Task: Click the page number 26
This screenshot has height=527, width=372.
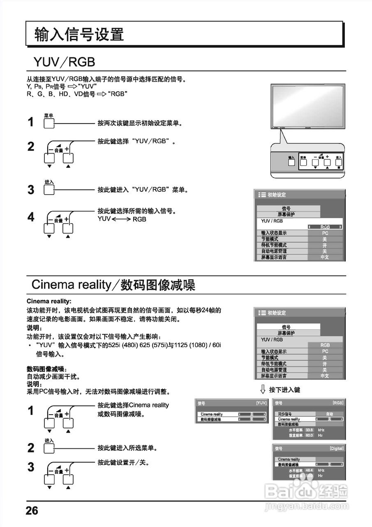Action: coord(32,511)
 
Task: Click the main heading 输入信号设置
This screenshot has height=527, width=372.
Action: coord(79,35)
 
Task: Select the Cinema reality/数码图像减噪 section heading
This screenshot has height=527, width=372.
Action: coord(113,284)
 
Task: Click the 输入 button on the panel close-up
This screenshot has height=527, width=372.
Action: coord(291,161)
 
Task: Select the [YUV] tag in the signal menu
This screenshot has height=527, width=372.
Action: coord(261,403)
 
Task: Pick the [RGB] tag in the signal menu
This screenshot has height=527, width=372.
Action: coord(338,403)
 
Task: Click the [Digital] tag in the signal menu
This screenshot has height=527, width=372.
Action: coord(336,448)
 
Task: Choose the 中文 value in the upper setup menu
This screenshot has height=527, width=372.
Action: coord(325,257)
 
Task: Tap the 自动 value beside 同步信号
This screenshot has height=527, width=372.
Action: coord(330,414)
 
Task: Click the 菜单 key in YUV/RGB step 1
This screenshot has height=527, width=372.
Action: coord(49,123)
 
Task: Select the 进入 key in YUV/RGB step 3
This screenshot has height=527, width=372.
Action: coord(49,190)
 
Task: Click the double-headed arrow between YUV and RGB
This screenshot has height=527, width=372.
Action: coord(121,219)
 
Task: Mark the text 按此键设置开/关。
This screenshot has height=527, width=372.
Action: coord(123,463)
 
